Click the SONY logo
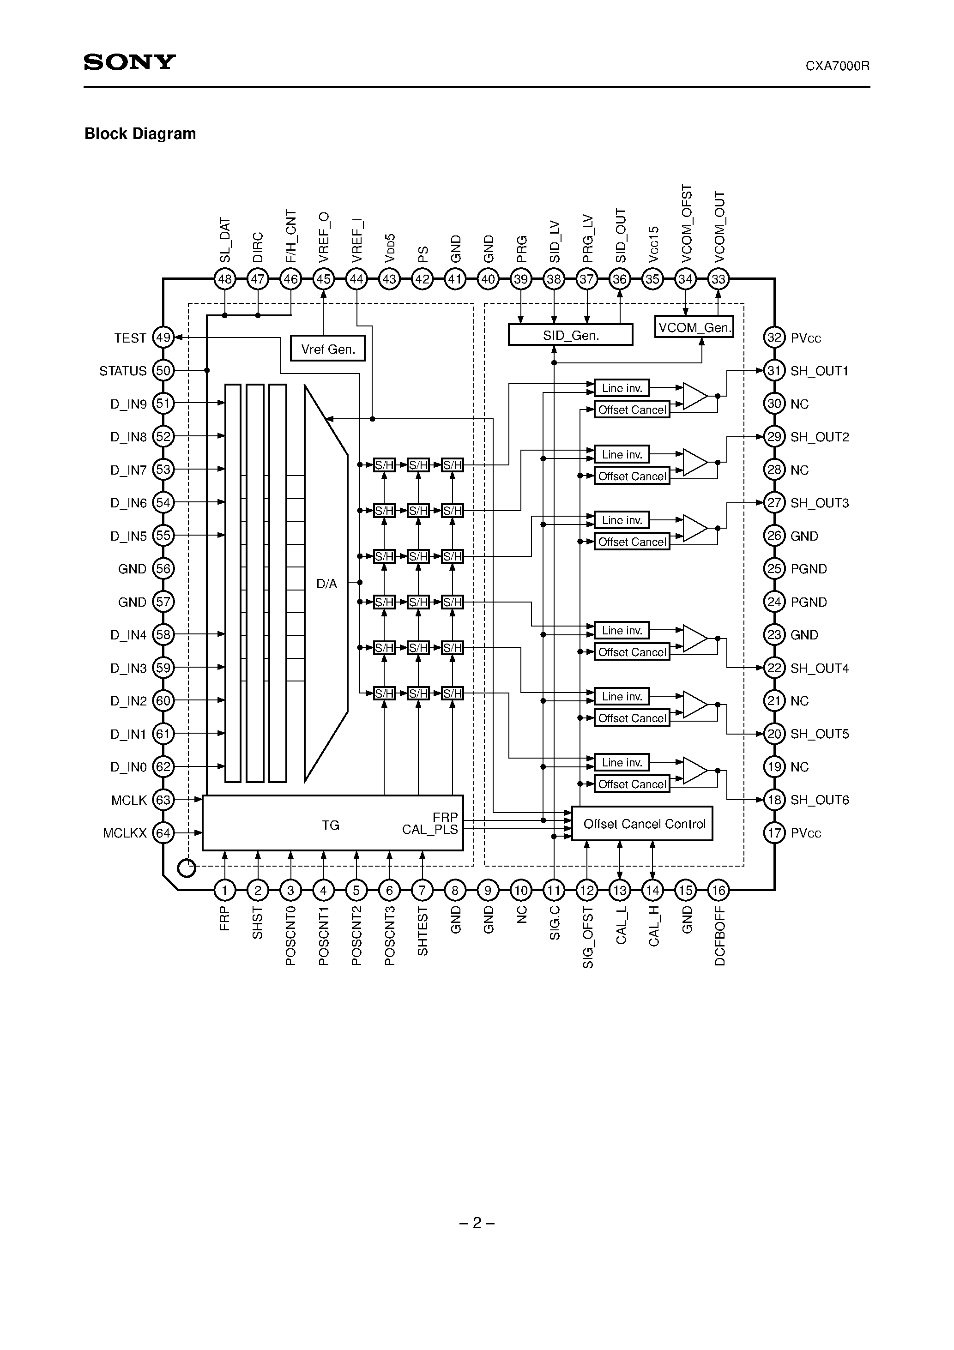click(x=129, y=62)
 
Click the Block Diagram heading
click(x=140, y=134)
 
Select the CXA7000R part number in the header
click(x=837, y=66)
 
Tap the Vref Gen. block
click(x=327, y=349)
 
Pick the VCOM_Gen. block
click(x=694, y=327)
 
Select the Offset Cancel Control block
click(x=642, y=824)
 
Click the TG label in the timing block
click(x=331, y=826)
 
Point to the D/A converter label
click(x=326, y=584)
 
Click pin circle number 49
click(x=163, y=337)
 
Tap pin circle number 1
click(x=225, y=890)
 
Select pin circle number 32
click(x=774, y=337)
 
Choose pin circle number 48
click(x=225, y=279)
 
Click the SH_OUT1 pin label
click(x=819, y=371)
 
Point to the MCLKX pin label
click(x=124, y=833)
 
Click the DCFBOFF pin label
click(x=719, y=936)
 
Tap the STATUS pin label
click(x=122, y=371)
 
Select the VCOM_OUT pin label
click(x=719, y=226)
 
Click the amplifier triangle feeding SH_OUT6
click(x=694, y=770)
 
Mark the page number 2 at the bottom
click(x=477, y=1223)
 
